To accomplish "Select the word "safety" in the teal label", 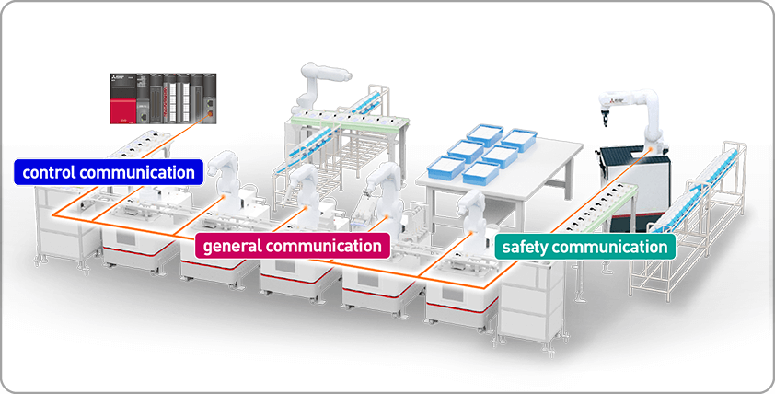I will click(529, 247).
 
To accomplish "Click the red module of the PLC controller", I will click(120, 106).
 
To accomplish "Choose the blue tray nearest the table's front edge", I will click(480, 172).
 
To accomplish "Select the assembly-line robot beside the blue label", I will click(224, 180).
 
